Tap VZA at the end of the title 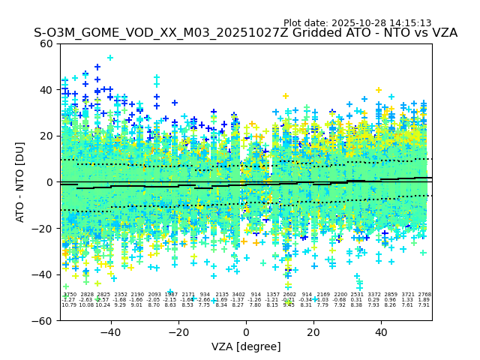[444, 33]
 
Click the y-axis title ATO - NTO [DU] [21, 181]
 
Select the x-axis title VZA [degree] [246, 346]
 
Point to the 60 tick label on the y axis [46, 43]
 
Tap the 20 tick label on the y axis [46, 136]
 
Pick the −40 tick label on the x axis [110, 332]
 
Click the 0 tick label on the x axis [246, 332]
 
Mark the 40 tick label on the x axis [381, 332]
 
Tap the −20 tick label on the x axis [178, 332]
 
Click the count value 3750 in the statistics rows [69, 295]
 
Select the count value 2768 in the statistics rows [424, 295]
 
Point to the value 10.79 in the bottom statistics [69, 305]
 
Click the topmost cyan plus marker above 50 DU [110, 58]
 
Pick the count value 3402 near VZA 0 [238, 295]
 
